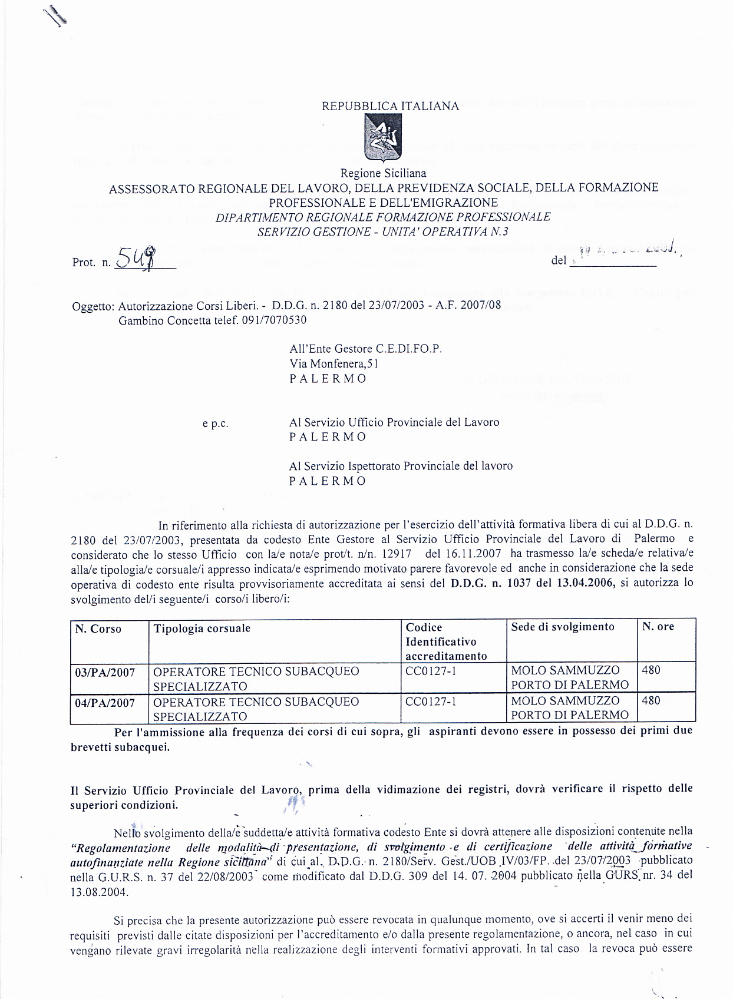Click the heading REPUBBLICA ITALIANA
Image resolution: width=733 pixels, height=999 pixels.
(x=390, y=106)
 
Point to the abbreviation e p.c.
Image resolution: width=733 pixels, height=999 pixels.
(x=216, y=424)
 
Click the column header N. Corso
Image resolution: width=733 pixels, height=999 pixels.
(x=98, y=629)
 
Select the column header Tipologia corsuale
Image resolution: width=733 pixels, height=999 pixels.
(x=202, y=628)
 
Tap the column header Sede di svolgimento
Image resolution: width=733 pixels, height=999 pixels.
(x=562, y=627)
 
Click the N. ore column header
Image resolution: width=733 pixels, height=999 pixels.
(x=658, y=627)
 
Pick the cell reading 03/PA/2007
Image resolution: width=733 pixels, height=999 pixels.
(x=105, y=673)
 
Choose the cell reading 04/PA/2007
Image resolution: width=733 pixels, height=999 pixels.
(x=105, y=703)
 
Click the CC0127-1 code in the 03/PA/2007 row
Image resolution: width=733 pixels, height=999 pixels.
(x=431, y=671)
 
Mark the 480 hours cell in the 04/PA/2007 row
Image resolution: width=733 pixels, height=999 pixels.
(x=651, y=701)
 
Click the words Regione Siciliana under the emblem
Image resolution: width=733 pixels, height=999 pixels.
(x=383, y=174)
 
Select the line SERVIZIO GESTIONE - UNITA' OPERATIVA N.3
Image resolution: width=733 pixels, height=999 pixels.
(x=383, y=231)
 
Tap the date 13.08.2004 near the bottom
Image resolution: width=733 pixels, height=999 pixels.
(x=98, y=892)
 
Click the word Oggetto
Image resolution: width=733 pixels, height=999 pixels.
(x=92, y=307)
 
